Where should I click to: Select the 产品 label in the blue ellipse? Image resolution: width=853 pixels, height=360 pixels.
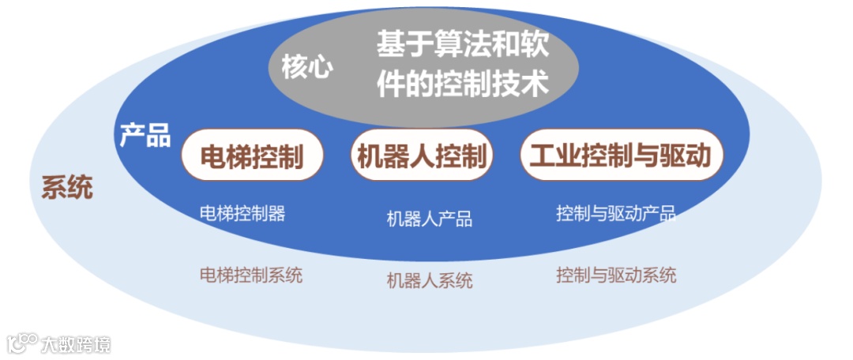click(x=145, y=135)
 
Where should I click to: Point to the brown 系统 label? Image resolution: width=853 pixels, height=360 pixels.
click(x=67, y=187)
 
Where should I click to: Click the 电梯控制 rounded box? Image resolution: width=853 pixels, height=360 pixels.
click(x=252, y=156)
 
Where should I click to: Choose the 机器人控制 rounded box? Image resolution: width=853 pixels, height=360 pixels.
click(x=421, y=156)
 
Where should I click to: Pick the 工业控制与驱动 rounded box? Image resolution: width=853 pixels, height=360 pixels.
click(x=621, y=156)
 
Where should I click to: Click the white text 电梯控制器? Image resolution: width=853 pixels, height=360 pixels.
click(x=242, y=213)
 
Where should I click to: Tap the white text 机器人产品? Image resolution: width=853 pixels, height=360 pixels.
click(x=430, y=219)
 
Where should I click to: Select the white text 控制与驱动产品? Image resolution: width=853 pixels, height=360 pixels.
click(x=616, y=213)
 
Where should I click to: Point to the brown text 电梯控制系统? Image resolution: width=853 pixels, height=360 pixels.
click(x=251, y=276)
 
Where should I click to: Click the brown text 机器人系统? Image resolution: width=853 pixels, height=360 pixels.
click(x=430, y=280)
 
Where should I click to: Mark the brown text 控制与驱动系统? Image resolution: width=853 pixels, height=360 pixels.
click(x=616, y=276)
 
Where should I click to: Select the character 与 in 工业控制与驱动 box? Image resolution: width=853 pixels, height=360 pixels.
click(x=647, y=156)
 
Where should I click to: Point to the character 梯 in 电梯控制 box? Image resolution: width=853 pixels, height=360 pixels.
click(x=239, y=156)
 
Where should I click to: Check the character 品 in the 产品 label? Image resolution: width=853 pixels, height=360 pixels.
click(x=158, y=135)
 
